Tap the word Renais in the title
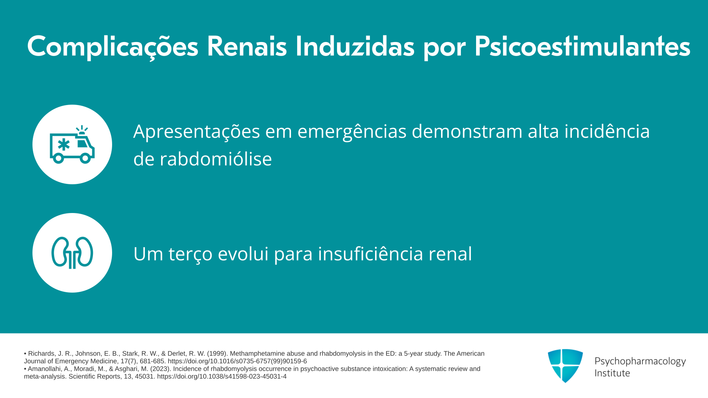click(247, 46)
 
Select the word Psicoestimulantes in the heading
click(582, 47)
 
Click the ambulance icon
click(72, 144)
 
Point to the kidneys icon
click(72, 253)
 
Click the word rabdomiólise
click(202, 159)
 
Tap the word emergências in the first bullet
click(352, 132)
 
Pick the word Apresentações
click(197, 132)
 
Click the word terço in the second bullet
click(190, 254)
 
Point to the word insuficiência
click(370, 254)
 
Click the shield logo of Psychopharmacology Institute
click(565, 366)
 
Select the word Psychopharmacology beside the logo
click(640, 361)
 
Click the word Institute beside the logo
click(612, 373)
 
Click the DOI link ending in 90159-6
click(237, 361)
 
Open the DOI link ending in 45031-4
click(222, 377)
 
